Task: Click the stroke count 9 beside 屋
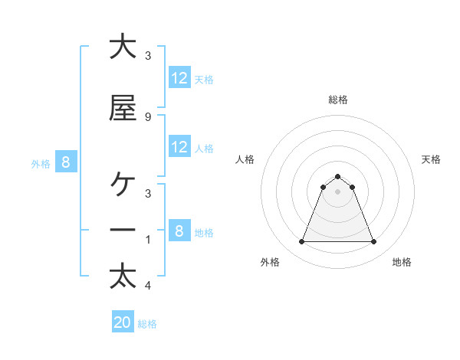pyautogui.click(x=147, y=116)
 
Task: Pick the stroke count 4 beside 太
pyautogui.click(x=147, y=286)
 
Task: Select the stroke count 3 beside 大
pyautogui.click(x=147, y=55)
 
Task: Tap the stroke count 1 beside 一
pyautogui.click(x=147, y=240)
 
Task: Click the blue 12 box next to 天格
pyautogui.click(x=179, y=78)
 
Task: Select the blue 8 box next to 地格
pyautogui.click(x=179, y=231)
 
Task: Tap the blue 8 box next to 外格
pyautogui.click(x=66, y=162)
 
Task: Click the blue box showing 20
pyautogui.click(x=123, y=322)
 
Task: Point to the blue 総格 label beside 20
pyautogui.click(x=147, y=324)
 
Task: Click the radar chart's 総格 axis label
pyautogui.click(x=337, y=100)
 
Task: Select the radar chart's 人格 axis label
pyautogui.click(x=245, y=159)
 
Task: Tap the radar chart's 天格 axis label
pyautogui.click(x=431, y=159)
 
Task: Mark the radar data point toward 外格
pyautogui.click(x=301, y=242)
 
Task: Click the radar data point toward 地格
pyautogui.click(x=374, y=242)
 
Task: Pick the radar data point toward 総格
pyautogui.click(x=337, y=176)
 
